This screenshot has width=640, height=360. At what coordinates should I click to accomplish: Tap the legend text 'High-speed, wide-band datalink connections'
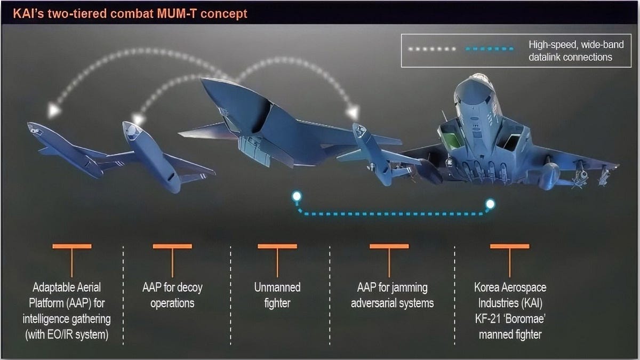coord(570,51)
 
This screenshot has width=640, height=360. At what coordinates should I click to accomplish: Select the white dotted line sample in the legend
coord(433,49)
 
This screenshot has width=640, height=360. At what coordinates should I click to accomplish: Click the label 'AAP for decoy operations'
coord(172,295)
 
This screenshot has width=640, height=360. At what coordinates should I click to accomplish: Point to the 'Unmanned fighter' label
coord(277,295)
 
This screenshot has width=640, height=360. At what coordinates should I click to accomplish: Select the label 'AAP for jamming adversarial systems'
coord(392,295)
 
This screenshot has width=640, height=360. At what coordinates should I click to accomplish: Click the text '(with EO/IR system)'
coord(67,335)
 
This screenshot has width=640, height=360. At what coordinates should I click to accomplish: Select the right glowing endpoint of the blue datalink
coord(490,203)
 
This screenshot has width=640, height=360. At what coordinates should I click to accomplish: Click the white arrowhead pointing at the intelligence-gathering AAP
coord(53,110)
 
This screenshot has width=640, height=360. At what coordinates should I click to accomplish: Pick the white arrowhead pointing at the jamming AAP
coord(353,113)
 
